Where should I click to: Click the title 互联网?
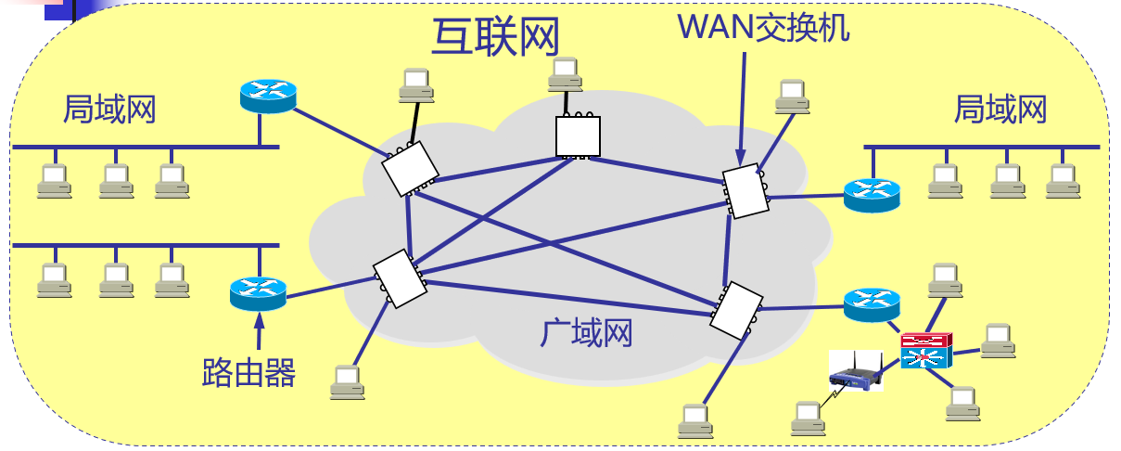point(495,37)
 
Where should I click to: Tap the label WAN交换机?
point(764,27)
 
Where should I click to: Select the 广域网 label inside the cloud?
point(587,331)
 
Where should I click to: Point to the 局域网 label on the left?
point(108,110)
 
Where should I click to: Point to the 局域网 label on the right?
point(1000,110)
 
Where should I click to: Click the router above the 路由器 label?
point(257,293)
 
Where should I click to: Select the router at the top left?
point(267,95)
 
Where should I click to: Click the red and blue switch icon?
point(925,352)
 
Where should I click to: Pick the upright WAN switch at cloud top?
point(578,136)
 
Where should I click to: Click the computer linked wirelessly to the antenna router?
point(808,419)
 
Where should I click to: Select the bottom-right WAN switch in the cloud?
point(737,309)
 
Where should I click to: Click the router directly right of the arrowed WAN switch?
point(872,194)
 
